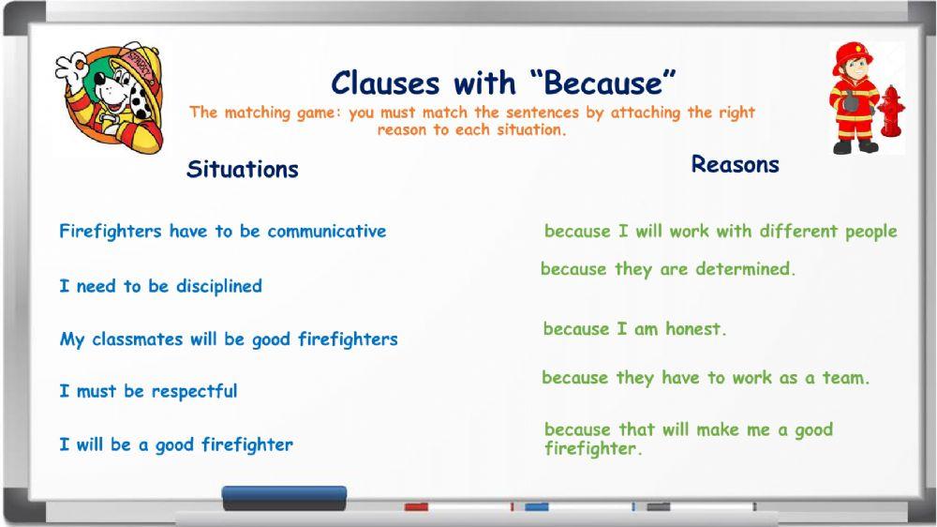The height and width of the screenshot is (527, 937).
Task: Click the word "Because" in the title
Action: (610, 83)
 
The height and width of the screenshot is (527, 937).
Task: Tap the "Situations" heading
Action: (243, 170)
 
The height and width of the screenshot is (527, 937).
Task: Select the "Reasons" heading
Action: (735, 164)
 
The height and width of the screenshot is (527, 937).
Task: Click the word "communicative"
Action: (326, 231)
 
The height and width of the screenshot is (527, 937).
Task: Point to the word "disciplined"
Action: (218, 287)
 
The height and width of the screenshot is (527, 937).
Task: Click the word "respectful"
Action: (194, 392)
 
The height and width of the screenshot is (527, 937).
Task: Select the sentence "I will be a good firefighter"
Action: (176, 444)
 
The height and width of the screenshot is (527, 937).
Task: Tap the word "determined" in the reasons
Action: (745, 268)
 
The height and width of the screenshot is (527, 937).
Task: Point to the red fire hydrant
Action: (891, 111)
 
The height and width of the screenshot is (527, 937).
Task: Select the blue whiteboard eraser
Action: (285, 498)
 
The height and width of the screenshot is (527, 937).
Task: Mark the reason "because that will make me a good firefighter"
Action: (689, 439)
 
